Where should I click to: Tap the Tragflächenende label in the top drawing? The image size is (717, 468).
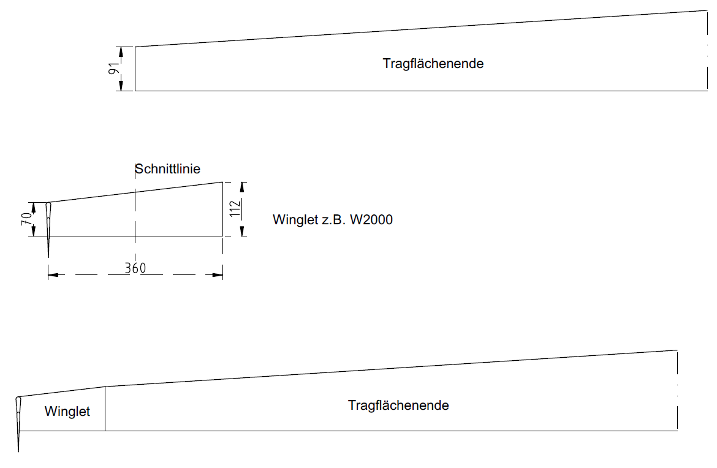coord(433,64)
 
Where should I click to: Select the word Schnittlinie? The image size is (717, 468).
coord(167,169)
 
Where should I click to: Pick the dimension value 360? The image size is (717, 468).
coord(135,268)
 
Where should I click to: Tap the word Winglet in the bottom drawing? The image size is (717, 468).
coord(67,412)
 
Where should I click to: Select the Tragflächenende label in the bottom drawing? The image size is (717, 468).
coord(398,406)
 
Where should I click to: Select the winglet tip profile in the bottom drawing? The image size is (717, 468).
coord(18,420)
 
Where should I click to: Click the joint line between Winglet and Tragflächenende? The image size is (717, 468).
coord(105,409)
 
